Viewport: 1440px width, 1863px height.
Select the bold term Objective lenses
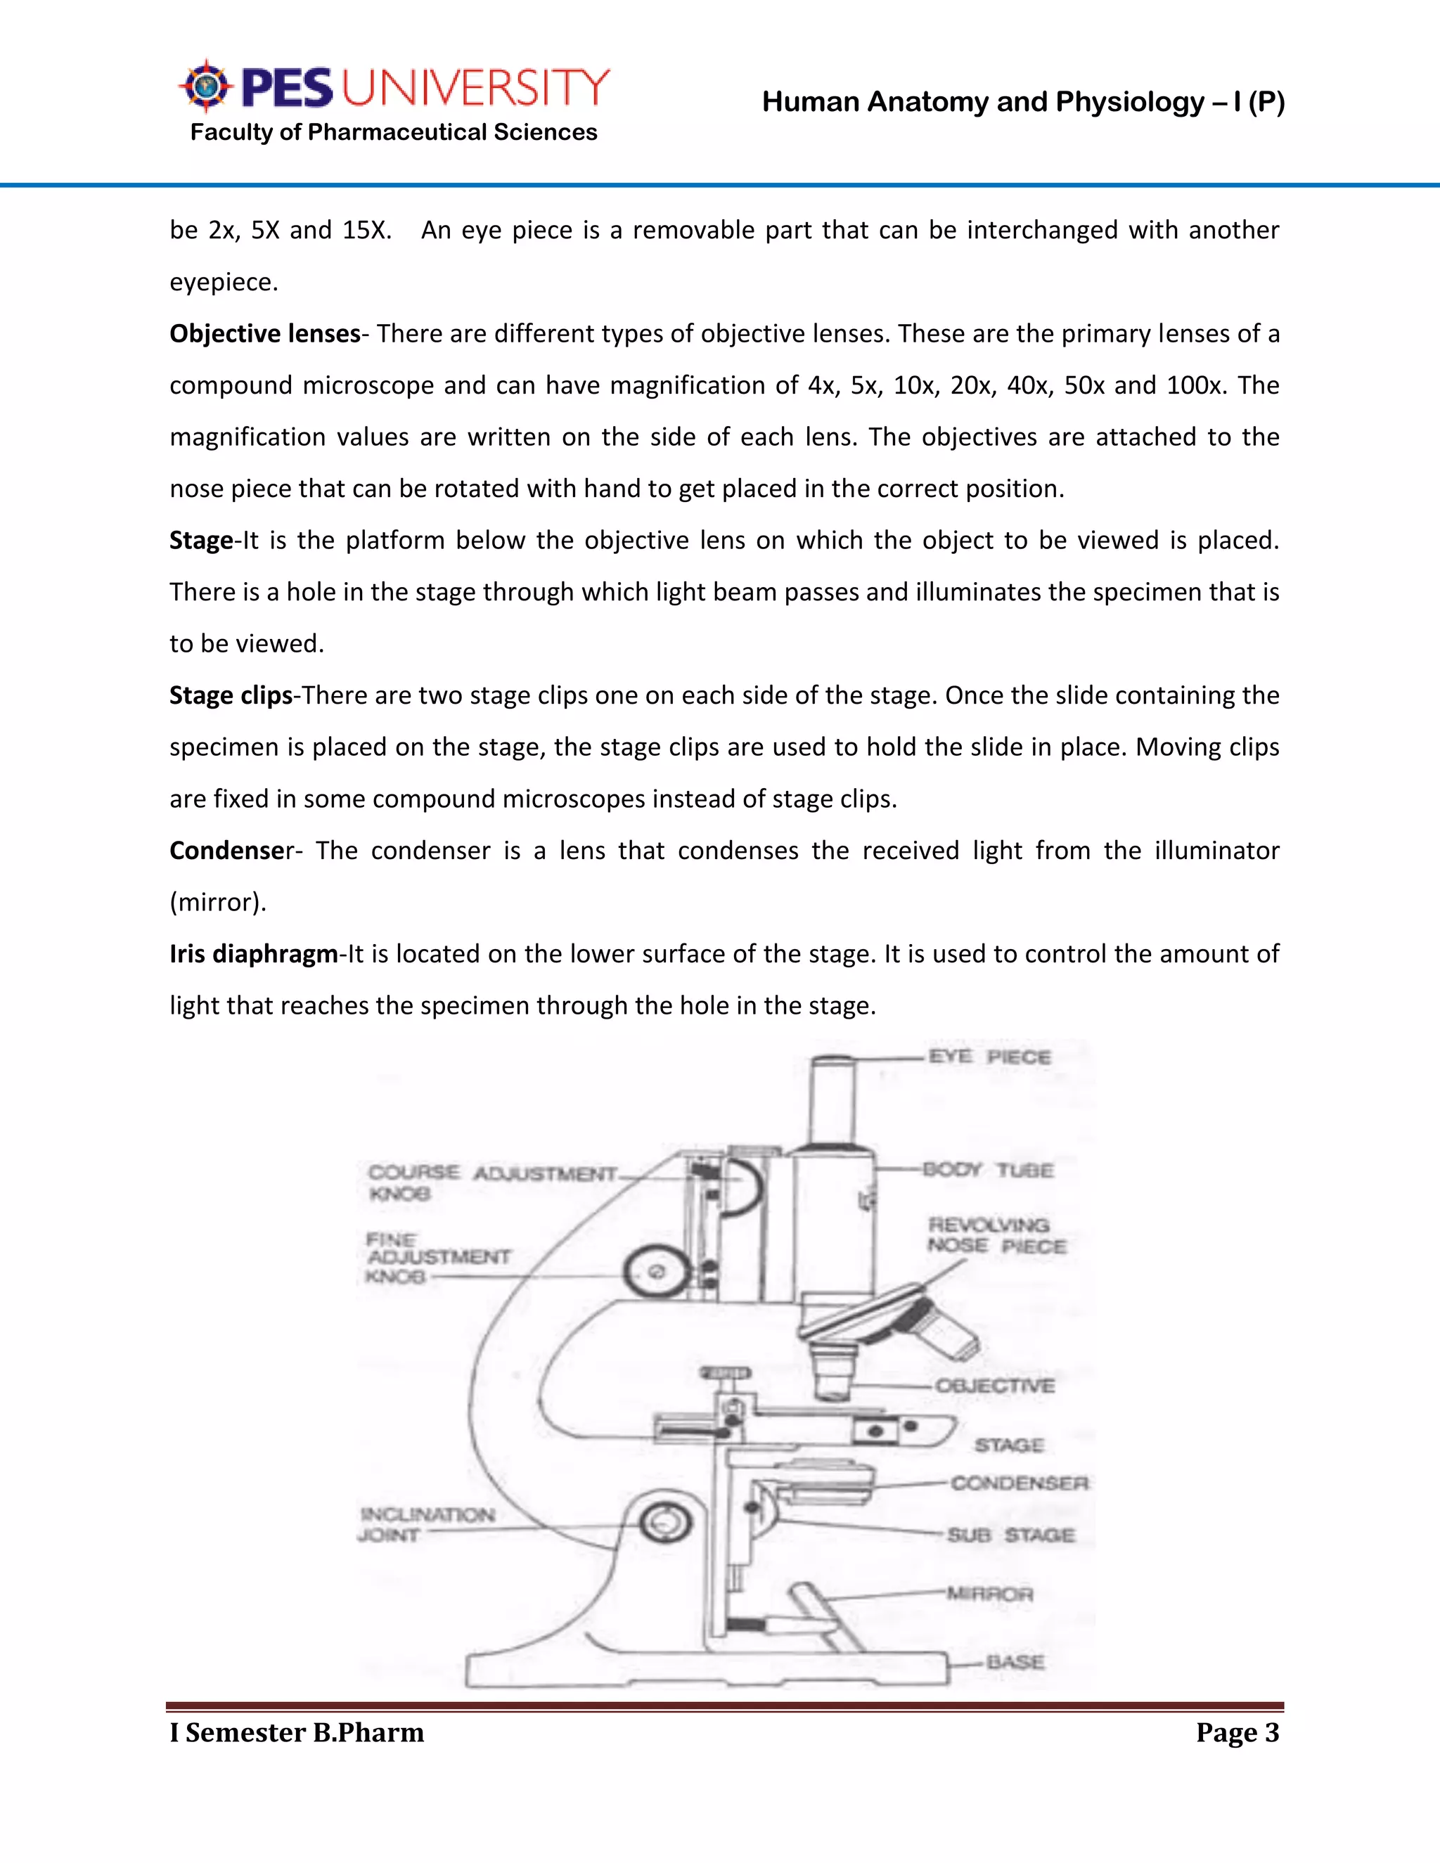click(264, 333)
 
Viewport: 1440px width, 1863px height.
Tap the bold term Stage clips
click(231, 695)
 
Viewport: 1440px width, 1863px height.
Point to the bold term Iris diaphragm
click(253, 954)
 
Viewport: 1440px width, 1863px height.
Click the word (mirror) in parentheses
click(217, 903)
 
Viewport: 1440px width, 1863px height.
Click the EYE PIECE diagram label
click(989, 1056)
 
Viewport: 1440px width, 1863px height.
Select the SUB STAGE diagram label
click(1010, 1535)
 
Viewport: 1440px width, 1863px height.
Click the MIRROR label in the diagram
click(989, 1594)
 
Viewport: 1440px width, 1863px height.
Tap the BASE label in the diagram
click(1015, 1662)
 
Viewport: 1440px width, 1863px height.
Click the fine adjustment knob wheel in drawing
click(655, 1272)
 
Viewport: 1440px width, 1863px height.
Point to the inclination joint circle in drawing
click(667, 1523)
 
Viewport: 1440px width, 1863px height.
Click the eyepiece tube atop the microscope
click(833, 1100)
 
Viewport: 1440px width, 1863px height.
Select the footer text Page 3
click(1237, 1732)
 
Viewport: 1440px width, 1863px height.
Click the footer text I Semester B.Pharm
click(296, 1732)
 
